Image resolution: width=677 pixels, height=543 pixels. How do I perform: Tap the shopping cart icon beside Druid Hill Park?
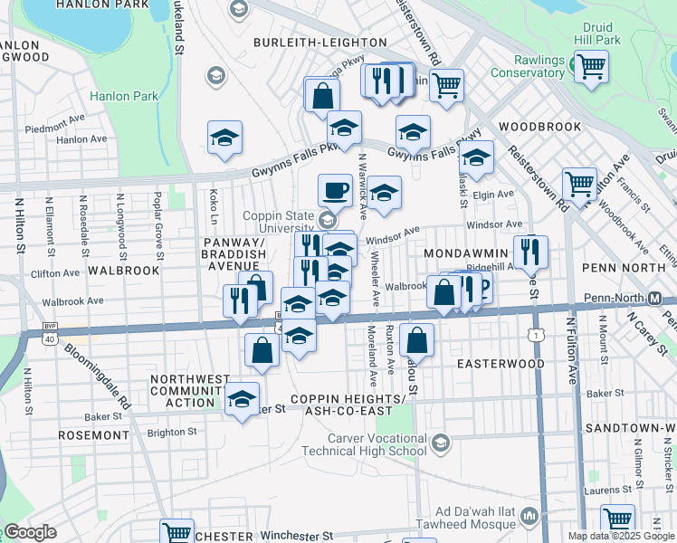[x=591, y=66]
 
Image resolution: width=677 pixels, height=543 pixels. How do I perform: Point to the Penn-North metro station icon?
[x=668, y=298]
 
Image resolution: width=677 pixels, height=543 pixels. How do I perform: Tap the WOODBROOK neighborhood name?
[x=539, y=127]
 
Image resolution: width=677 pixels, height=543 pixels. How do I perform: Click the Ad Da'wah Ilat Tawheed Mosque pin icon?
[x=529, y=518]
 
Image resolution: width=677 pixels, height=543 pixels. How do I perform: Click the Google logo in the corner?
[x=29, y=532]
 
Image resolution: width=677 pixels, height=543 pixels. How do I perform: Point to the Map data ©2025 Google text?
[x=621, y=536]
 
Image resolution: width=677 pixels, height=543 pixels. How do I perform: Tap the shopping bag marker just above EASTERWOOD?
[x=416, y=341]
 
